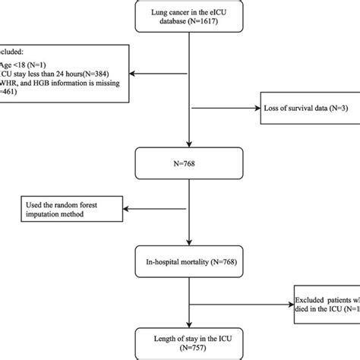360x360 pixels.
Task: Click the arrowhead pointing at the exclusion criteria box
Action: click(133, 74)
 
